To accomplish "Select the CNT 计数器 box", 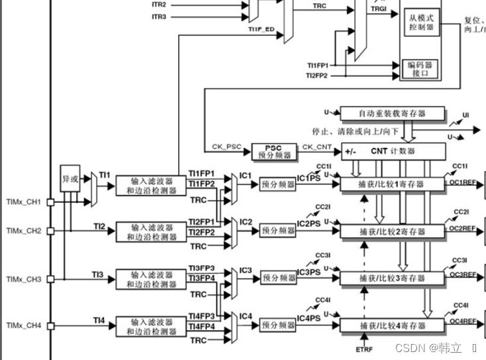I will coord(394,150).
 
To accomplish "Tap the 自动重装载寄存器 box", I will coord(393,113).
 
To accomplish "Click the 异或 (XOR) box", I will coord(70,178).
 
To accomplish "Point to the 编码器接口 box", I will coord(420,70).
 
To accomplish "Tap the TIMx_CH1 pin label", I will coord(24,202).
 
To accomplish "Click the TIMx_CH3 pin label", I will coord(24,279).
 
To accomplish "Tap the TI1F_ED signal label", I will coord(261,30).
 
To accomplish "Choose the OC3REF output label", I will coord(463,274).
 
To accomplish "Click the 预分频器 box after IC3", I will coord(277,278).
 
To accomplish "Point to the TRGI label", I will coord(379,9).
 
